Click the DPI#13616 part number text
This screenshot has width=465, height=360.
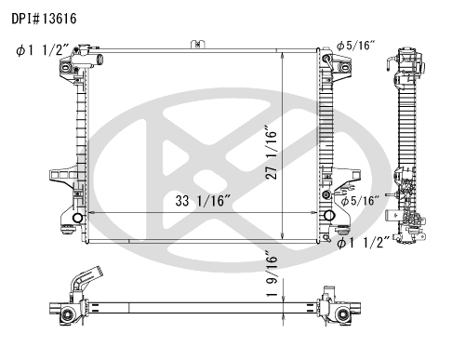[44, 19]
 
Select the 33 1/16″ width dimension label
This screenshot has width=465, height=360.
[204, 201]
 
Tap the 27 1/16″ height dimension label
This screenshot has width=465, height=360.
[272, 153]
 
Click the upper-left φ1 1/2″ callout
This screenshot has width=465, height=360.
[43, 50]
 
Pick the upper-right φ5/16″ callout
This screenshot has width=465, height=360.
[356, 46]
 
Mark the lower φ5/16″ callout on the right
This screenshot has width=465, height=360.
[360, 201]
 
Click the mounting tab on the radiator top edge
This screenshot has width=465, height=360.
[198, 45]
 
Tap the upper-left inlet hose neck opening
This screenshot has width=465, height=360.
[99, 59]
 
